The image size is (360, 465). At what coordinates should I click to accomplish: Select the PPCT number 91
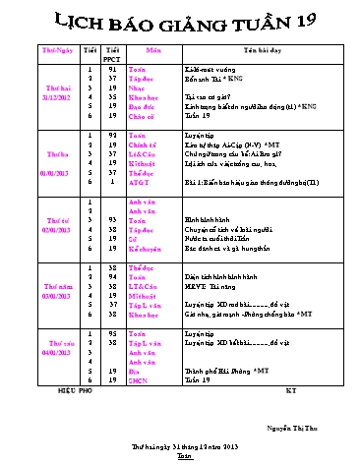click(112, 69)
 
